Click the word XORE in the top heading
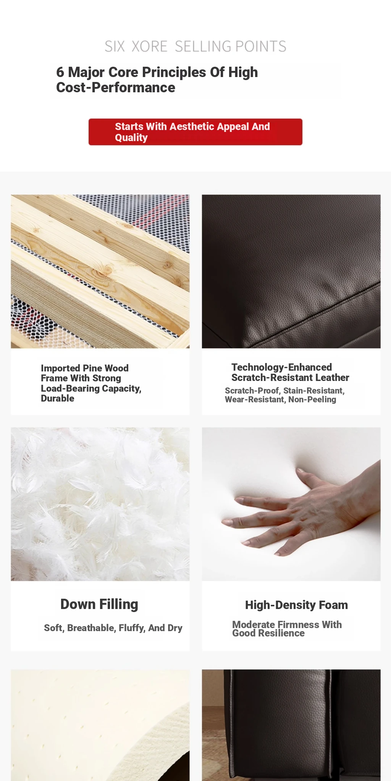[149, 47]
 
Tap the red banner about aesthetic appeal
[195, 132]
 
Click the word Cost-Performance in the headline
[116, 88]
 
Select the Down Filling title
[99, 604]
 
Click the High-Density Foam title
[296, 605]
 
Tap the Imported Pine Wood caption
[91, 383]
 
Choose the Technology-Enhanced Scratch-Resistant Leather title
[290, 373]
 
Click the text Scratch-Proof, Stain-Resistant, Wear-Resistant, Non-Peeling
[285, 395]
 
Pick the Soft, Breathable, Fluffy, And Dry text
[113, 628]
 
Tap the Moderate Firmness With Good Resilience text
[287, 629]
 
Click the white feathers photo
[100, 504]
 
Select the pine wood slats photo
[100, 272]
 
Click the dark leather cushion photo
[291, 272]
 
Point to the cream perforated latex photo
[100, 725]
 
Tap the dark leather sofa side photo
[291, 725]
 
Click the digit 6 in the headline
[60, 72]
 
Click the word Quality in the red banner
[131, 138]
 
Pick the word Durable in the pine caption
[58, 399]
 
